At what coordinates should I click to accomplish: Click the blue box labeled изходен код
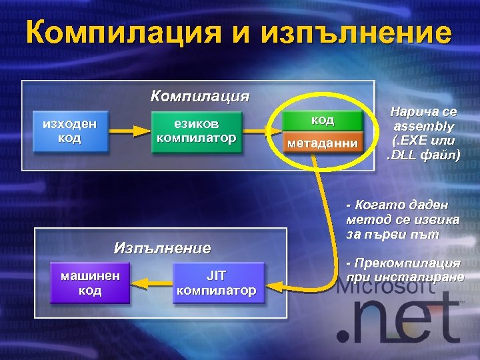(70, 131)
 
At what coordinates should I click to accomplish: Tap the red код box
(323, 120)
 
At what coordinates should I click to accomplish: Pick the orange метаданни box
(323, 143)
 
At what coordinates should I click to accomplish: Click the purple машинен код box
(90, 283)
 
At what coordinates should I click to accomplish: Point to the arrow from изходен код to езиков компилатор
(131, 132)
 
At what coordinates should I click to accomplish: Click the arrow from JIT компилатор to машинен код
(150, 284)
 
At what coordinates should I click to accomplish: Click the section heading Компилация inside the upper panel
(199, 96)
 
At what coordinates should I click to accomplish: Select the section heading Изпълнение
(162, 248)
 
